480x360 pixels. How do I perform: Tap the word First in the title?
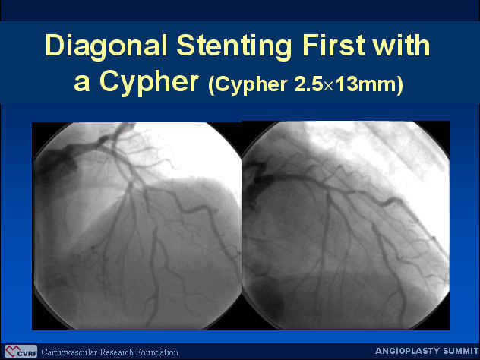click(x=333, y=45)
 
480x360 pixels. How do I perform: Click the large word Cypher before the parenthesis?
click(x=149, y=83)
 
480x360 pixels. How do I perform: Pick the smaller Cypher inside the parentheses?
click(x=251, y=84)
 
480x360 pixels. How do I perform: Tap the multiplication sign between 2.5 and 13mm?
click(x=329, y=86)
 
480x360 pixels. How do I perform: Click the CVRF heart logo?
click(x=21, y=352)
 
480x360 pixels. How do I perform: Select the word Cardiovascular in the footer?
click(x=69, y=352)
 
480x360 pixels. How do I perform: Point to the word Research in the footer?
click(x=118, y=352)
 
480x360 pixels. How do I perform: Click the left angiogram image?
click(x=137, y=226)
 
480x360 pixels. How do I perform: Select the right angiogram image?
click(x=346, y=226)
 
